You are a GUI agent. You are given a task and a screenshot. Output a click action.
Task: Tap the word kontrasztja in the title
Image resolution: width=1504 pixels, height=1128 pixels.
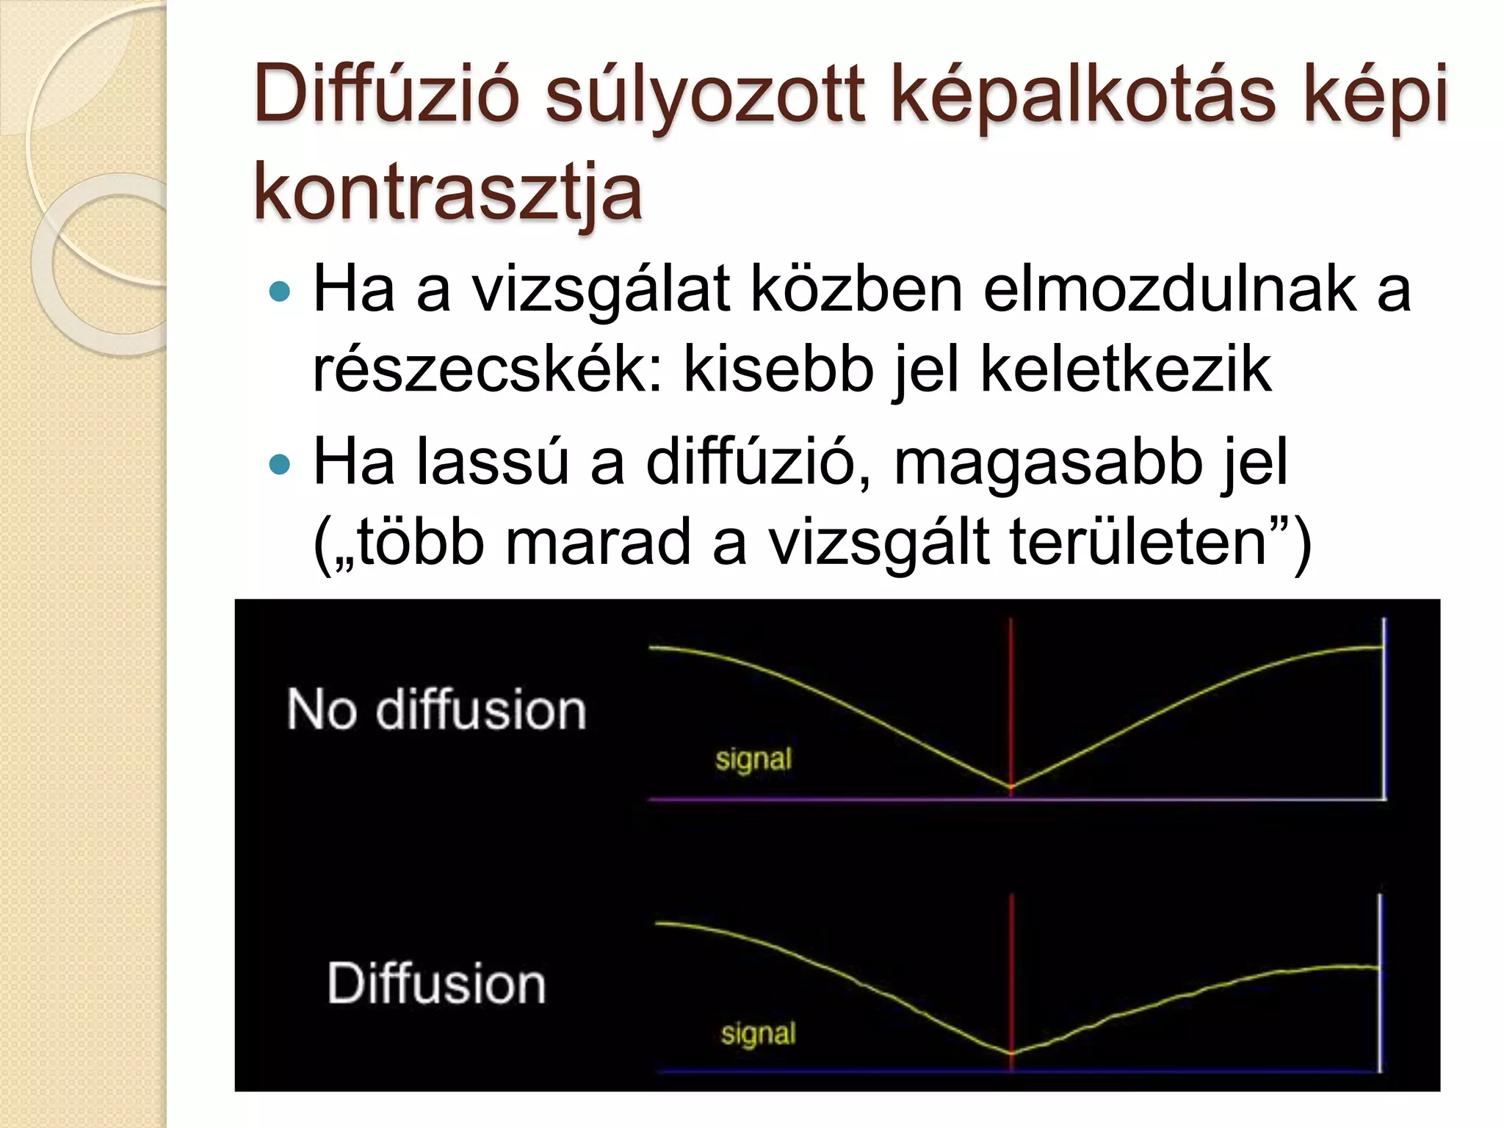(448, 193)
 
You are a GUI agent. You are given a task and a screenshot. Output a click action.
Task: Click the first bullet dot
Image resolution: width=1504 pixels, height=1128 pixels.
(280, 292)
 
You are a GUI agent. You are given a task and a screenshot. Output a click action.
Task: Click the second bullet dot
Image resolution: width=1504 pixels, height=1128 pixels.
(280, 464)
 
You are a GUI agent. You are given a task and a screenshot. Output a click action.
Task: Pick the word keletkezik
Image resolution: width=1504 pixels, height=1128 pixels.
(1125, 369)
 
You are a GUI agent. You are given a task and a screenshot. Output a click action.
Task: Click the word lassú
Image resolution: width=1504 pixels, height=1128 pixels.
(492, 463)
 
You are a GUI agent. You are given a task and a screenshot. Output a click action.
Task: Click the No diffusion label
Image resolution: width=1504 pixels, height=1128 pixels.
(436, 710)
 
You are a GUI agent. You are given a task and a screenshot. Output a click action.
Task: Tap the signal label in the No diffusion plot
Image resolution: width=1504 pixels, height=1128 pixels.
(753, 759)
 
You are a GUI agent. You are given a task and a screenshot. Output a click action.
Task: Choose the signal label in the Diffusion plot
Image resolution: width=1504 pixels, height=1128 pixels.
(758, 1033)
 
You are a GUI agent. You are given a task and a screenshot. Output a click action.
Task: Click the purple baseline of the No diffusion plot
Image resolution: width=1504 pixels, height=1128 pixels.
(830, 798)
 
